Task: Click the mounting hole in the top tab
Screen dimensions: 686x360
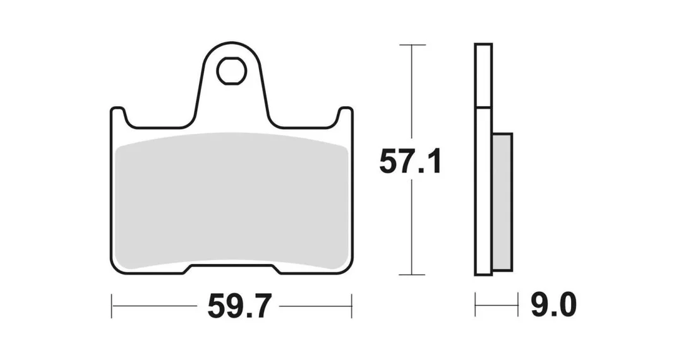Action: pos(232,70)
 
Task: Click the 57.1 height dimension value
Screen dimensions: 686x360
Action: pos(410,162)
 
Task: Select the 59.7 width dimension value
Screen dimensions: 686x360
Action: pos(239,306)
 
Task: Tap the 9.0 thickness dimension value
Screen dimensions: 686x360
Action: pos(553,305)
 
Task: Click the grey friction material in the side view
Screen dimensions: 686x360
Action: pos(502,201)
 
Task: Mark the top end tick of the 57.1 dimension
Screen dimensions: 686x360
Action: pos(412,45)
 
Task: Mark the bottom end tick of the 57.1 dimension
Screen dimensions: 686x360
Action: pos(412,275)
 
